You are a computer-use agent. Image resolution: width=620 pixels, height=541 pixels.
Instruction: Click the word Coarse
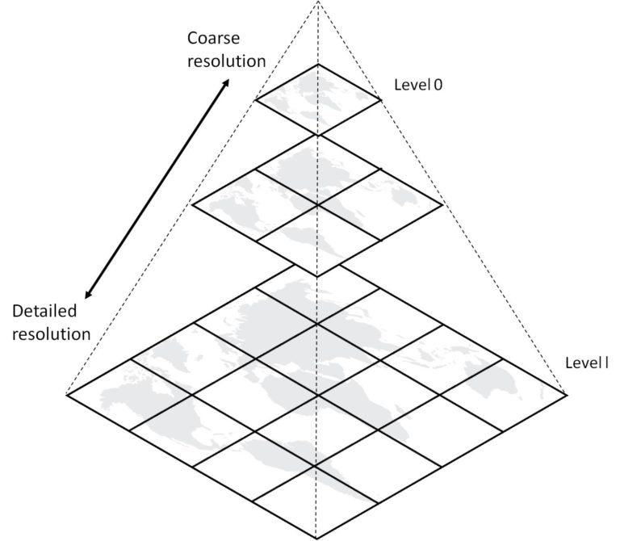coord(213,39)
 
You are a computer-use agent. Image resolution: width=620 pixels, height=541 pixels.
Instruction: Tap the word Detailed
coord(44,311)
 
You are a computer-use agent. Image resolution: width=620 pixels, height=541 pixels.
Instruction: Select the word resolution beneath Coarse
coord(226,61)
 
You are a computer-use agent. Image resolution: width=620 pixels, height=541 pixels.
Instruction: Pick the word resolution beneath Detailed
coord(52,334)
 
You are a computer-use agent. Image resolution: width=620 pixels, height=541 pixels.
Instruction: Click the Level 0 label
coord(418,85)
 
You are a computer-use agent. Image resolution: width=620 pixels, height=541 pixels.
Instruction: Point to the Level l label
coord(587,363)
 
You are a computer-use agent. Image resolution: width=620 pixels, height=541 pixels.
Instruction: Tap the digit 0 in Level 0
coord(438,85)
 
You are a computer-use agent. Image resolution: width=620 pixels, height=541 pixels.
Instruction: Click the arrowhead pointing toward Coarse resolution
coord(225,83)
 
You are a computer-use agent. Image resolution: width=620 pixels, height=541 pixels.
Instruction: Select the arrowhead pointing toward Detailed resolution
coord(89,294)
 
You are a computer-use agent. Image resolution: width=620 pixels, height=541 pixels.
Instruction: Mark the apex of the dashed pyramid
coord(318,1)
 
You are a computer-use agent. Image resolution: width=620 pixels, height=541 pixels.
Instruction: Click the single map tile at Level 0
coord(318,99)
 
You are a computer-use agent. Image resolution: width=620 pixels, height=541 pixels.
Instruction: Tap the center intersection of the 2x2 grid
coord(318,205)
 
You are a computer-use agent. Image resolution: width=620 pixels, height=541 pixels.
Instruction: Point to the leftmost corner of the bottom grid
coord(66,394)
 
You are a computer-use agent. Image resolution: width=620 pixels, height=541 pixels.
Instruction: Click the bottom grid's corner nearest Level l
coord(567,394)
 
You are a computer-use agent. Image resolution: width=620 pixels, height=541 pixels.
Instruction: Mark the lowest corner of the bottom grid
coord(316,539)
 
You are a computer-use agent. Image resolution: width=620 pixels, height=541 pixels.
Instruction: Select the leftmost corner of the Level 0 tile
coord(255,100)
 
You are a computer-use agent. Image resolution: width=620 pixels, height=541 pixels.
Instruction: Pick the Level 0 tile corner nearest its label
coord(382,100)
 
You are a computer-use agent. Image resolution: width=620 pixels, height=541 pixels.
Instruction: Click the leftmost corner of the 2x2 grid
coord(192,205)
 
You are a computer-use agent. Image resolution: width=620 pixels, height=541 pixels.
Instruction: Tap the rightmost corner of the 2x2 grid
coord(442,205)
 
